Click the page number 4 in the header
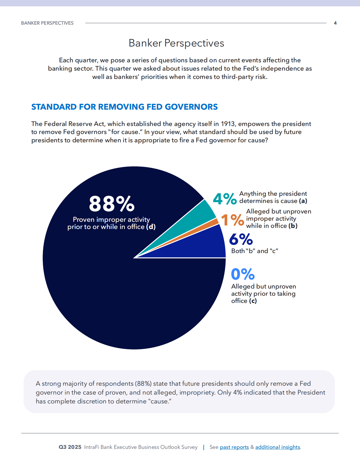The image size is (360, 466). click(x=335, y=23)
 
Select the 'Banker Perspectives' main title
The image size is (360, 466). click(x=176, y=43)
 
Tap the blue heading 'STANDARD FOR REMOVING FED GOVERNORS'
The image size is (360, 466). click(x=124, y=107)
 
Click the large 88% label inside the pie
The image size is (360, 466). click(x=112, y=204)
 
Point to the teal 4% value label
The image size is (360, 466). click(x=225, y=199)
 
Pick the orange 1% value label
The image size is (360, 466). click(x=232, y=220)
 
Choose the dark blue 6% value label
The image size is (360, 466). click(x=241, y=240)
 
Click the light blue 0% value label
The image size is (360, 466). click(x=243, y=274)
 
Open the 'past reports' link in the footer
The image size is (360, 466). click(x=234, y=447)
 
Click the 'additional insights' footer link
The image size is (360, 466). click(x=277, y=447)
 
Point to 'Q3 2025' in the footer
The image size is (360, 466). click(x=70, y=447)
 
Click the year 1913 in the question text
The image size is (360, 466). click(x=228, y=124)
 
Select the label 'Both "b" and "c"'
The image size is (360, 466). click(x=254, y=251)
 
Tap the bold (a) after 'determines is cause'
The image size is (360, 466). click(x=303, y=201)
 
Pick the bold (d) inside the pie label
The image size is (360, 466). click(x=151, y=227)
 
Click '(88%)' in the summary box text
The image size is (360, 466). click(x=143, y=384)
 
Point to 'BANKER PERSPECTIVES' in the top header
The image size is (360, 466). click(x=47, y=23)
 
